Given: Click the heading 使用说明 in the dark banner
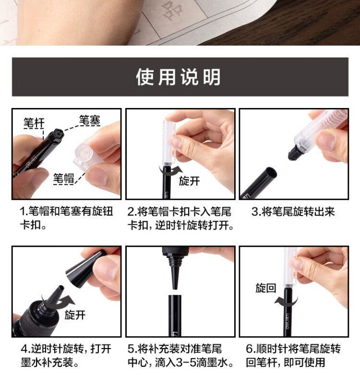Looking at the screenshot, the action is point(178,77).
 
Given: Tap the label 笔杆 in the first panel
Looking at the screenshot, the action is point(34,123).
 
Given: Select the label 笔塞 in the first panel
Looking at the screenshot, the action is point(90,121).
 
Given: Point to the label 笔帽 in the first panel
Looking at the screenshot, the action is point(63,179).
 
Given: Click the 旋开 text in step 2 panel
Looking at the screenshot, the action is point(189,181).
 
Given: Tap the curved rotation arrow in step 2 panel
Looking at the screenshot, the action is point(170,171).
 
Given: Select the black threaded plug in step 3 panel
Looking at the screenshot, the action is point(294,152).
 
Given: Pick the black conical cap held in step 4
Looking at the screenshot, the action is point(85,265).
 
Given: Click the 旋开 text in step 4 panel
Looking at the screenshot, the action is point(75,315).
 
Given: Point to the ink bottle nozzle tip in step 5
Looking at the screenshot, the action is point(175,288).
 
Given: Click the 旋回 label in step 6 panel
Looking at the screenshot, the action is point(266,288).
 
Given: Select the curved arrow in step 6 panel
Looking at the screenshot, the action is point(286,301).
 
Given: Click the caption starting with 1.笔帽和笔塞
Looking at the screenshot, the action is point(66,218).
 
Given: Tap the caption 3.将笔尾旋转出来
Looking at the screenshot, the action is point(293,212).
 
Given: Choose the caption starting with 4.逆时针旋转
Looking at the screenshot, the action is point(66,356).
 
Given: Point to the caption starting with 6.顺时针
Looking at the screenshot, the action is point(293,356).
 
